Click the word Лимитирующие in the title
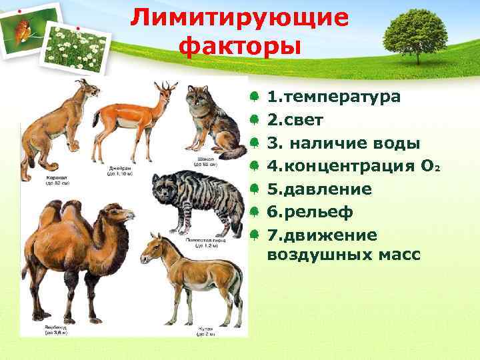point(239,18)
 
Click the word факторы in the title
point(240,46)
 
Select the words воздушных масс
point(343,255)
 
